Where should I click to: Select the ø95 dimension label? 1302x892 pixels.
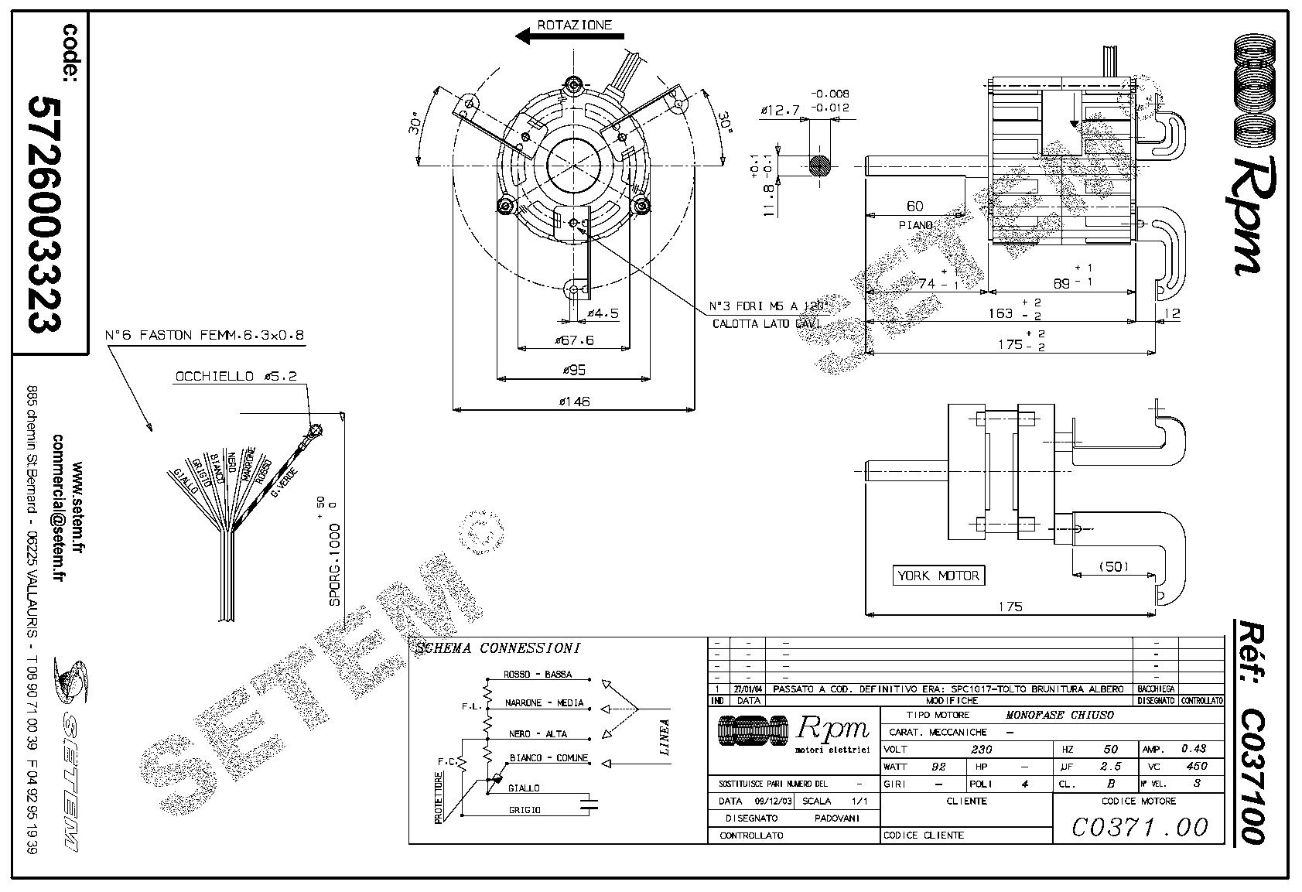pyautogui.click(x=573, y=370)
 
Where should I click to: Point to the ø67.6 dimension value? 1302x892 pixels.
pyautogui.click(x=573, y=340)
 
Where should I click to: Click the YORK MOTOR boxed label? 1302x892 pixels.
pyautogui.click(x=938, y=576)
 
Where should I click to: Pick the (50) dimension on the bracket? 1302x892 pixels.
pyautogui.click(x=1113, y=566)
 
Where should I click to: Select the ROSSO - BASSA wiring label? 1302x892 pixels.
pyautogui.click(x=538, y=675)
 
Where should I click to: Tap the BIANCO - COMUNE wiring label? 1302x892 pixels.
pyautogui.click(x=548, y=757)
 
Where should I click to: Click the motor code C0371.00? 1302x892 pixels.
pyautogui.click(x=1138, y=827)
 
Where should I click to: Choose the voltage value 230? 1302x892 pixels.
pyautogui.click(x=980, y=749)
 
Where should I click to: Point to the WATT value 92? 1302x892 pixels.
pyautogui.click(x=938, y=767)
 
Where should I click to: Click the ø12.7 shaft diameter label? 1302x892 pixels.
pyautogui.click(x=780, y=111)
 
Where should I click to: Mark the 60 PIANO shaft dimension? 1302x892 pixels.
pyautogui.click(x=915, y=207)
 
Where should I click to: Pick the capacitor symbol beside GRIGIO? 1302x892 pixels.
pyautogui.click(x=592, y=802)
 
